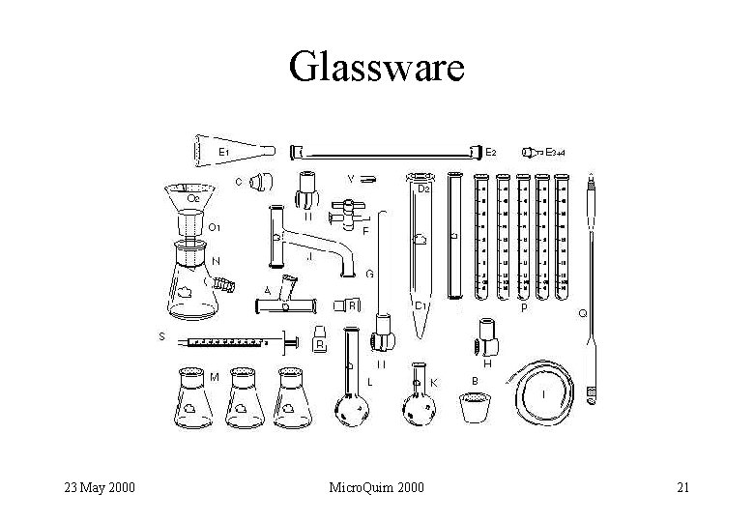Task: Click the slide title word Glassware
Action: click(377, 68)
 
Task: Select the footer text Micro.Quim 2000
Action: click(377, 486)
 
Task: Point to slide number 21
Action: click(682, 486)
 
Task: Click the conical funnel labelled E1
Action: click(232, 151)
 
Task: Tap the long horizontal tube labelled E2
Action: click(387, 152)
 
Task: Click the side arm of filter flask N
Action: click(225, 285)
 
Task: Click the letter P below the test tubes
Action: click(524, 308)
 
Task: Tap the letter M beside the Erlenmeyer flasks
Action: click(214, 376)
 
